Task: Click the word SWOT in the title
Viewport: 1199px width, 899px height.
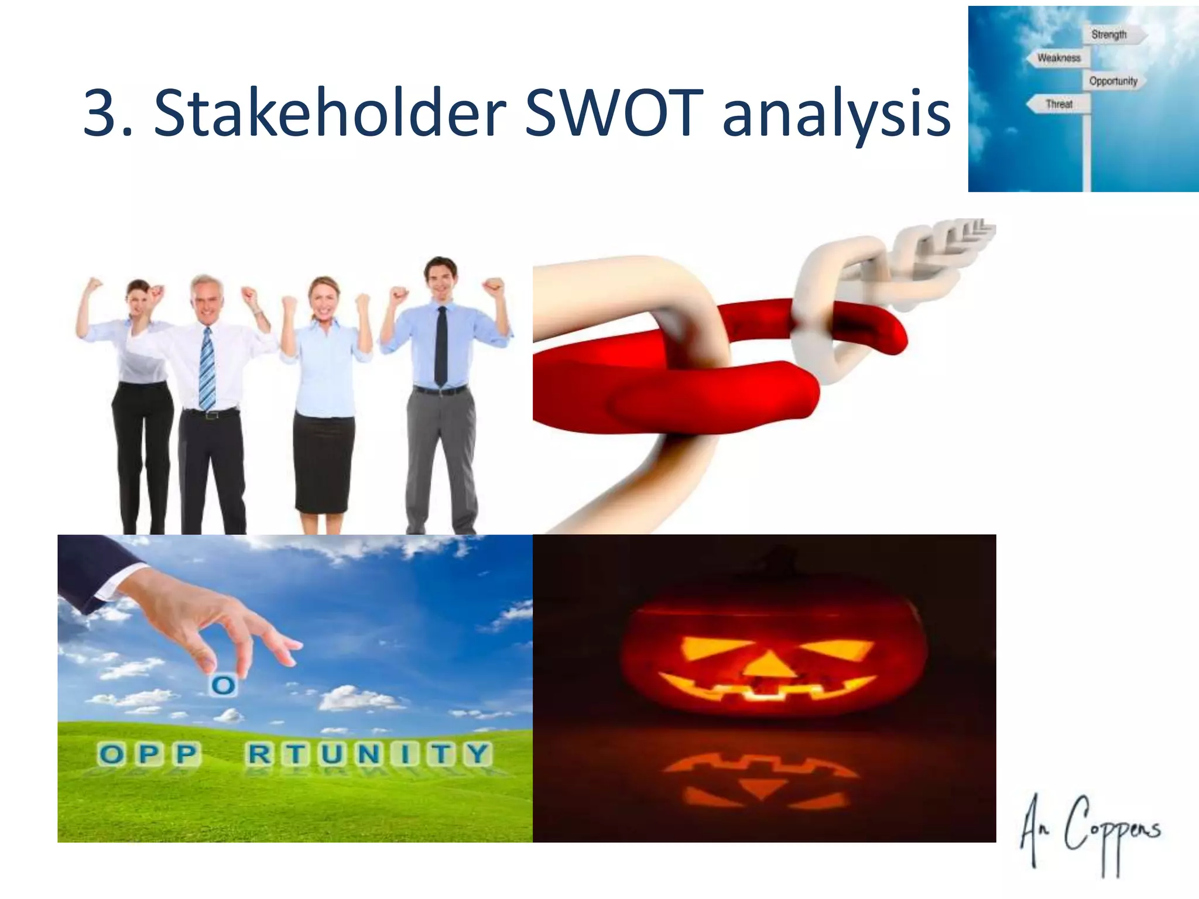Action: coord(613,112)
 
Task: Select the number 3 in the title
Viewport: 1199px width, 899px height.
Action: coord(101,114)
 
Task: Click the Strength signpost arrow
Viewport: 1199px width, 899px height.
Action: coord(1112,35)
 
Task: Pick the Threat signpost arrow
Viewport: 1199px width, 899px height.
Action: coord(1058,104)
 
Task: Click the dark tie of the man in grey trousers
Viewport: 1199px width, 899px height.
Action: coord(441,345)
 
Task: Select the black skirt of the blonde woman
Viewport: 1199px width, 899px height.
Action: coord(324,462)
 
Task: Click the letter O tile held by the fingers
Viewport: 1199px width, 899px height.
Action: coord(222,685)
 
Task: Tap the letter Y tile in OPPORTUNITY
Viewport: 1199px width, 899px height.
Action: coord(478,754)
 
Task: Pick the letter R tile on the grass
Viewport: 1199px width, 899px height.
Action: coord(259,754)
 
